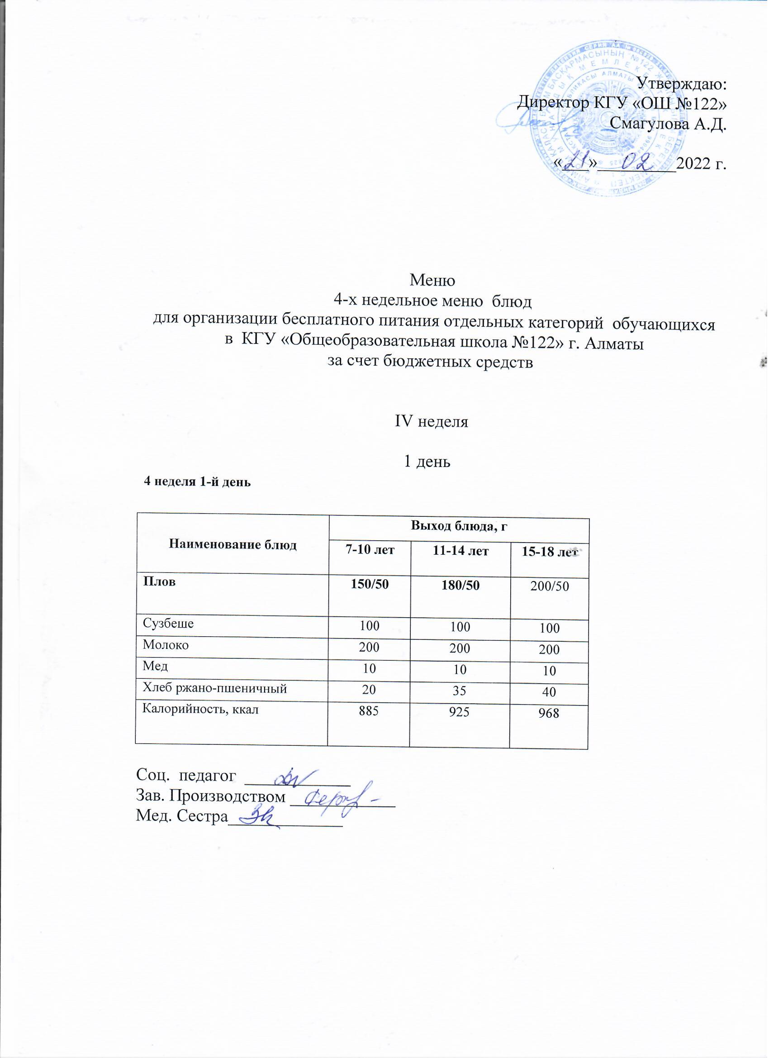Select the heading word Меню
pyautogui.click(x=432, y=281)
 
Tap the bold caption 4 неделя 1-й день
pyautogui.click(x=197, y=482)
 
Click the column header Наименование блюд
pyautogui.click(x=233, y=545)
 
